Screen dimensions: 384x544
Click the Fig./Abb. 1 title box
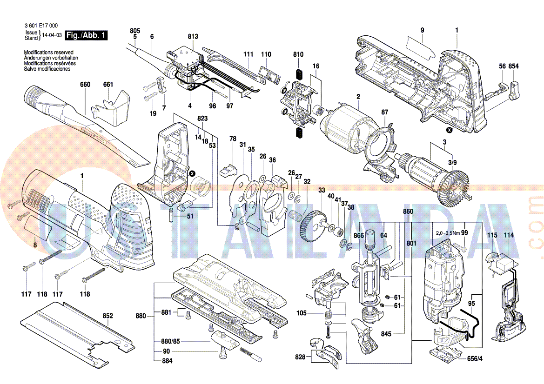coord(87,35)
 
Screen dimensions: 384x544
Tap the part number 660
coord(85,85)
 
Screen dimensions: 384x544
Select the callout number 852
coord(107,316)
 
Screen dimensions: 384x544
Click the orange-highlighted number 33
coord(322,190)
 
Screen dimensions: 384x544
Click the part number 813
coord(193,36)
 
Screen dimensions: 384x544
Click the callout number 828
coord(300,357)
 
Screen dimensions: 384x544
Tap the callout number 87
coord(384,112)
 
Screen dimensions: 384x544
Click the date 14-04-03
coord(52,35)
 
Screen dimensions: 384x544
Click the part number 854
coord(513,66)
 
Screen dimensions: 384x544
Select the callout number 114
coord(509,236)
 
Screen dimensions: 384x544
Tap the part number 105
coord(302,313)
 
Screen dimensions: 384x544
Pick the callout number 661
coord(108,85)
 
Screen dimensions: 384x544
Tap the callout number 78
coord(233,139)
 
